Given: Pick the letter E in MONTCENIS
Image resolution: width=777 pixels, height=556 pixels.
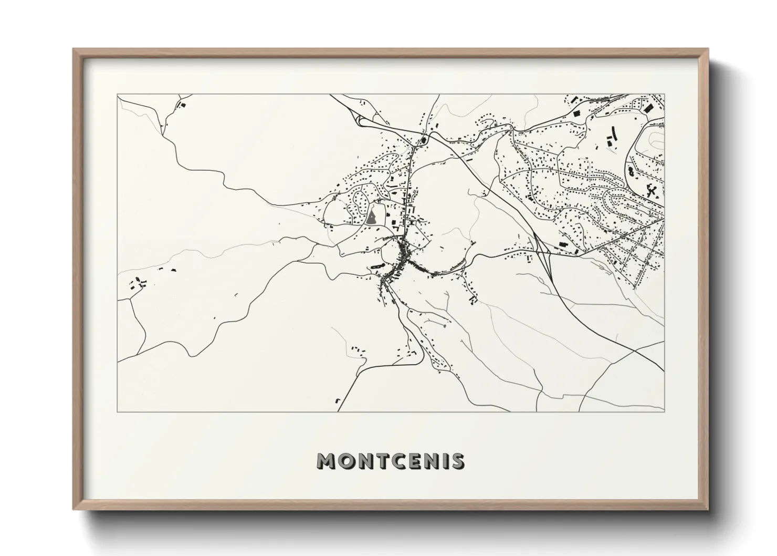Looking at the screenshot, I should tap(416, 461).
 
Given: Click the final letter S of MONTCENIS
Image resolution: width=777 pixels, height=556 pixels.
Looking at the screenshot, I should tap(458, 461).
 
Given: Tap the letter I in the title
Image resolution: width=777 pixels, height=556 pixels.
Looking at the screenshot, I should tap(446, 461).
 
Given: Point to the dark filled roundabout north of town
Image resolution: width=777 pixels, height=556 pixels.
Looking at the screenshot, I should tap(424, 140).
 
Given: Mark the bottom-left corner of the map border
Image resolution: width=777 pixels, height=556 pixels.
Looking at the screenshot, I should tap(118, 411).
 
